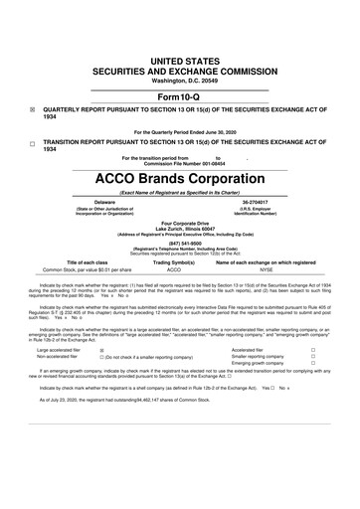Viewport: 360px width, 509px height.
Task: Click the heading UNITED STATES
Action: click(180, 33)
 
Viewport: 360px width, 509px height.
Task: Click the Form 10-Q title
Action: click(180, 68)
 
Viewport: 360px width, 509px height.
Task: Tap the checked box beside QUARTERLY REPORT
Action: click(33, 85)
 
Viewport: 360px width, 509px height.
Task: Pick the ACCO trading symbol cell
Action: click(174, 268)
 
